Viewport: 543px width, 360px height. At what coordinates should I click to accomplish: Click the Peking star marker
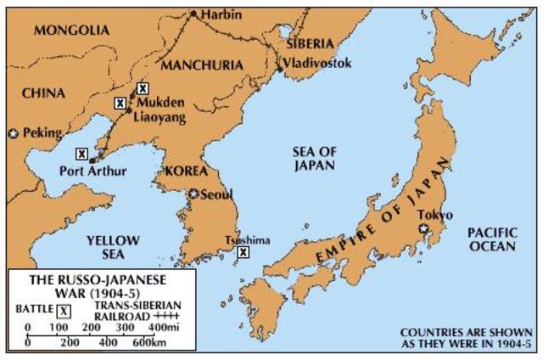(x=13, y=133)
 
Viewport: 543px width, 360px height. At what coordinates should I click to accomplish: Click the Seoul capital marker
(x=194, y=194)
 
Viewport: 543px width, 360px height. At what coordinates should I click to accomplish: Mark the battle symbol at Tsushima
(x=244, y=252)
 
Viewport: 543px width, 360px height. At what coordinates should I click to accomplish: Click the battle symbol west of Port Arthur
(x=81, y=154)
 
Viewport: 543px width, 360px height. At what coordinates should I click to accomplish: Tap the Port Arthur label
(x=93, y=172)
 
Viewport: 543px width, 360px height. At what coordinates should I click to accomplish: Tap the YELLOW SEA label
(x=111, y=248)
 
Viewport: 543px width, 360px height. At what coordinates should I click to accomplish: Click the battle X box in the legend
(x=64, y=310)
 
